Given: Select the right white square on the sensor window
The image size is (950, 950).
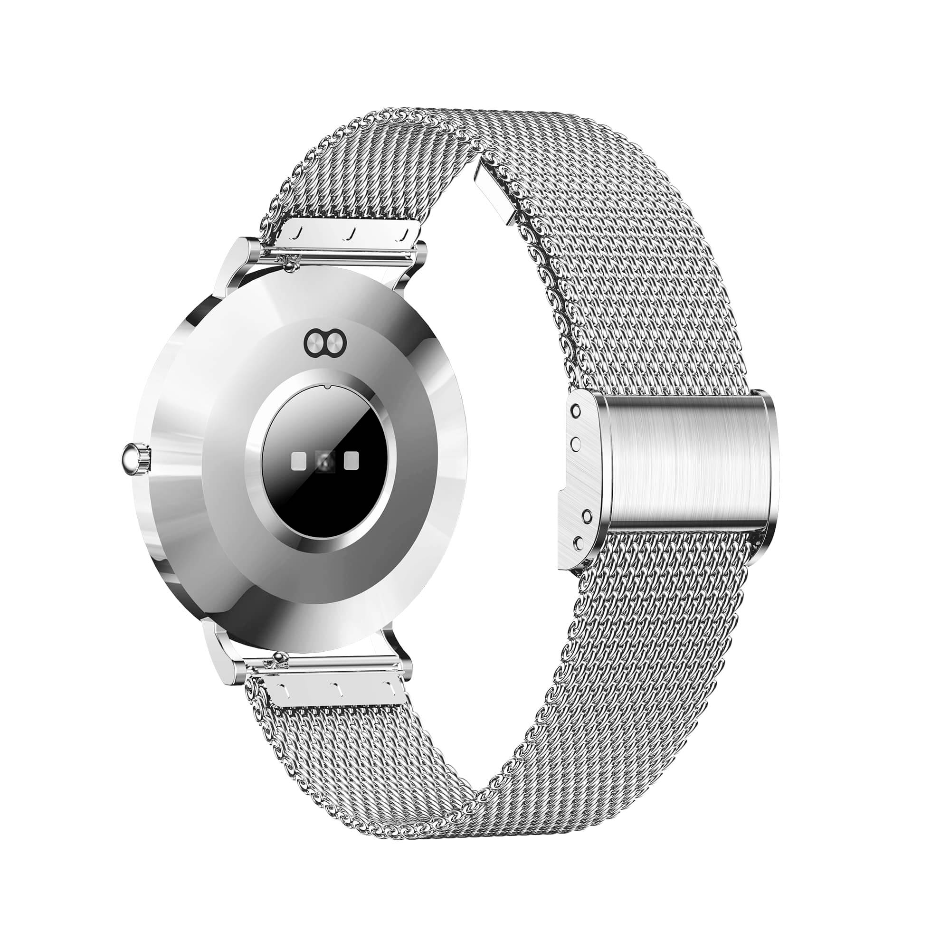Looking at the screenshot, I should coord(351,460).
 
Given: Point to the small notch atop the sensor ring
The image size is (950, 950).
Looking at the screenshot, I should coord(326,387).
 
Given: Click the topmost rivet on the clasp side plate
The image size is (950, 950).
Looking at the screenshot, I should coord(575,410).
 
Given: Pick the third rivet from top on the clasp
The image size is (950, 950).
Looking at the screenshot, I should coord(587,515).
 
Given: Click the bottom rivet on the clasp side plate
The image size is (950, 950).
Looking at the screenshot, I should coord(579,542).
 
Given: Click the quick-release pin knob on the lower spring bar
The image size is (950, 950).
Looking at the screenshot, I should coord(281,656).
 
